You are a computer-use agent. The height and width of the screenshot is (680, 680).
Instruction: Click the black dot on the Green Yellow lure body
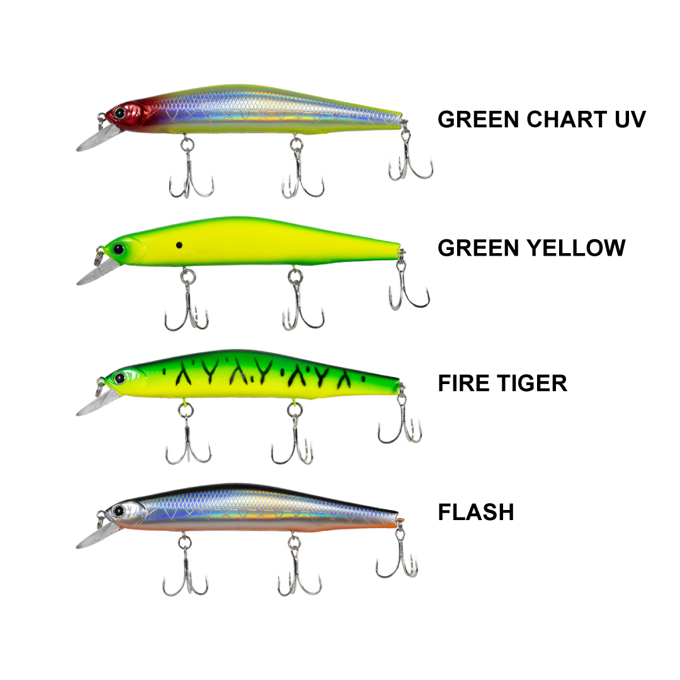(x=179, y=245)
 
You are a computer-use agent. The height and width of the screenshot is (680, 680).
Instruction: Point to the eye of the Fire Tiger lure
(x=118, y=378)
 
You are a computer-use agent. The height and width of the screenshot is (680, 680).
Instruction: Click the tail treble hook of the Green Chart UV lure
(x=410, y=160)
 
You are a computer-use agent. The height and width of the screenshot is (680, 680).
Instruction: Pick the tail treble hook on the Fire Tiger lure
(x=400, y=422)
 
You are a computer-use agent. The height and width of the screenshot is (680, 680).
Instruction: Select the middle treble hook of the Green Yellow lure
(x=302, y=309)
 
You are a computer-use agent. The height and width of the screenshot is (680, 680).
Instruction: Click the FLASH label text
(x=476, y=512)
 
